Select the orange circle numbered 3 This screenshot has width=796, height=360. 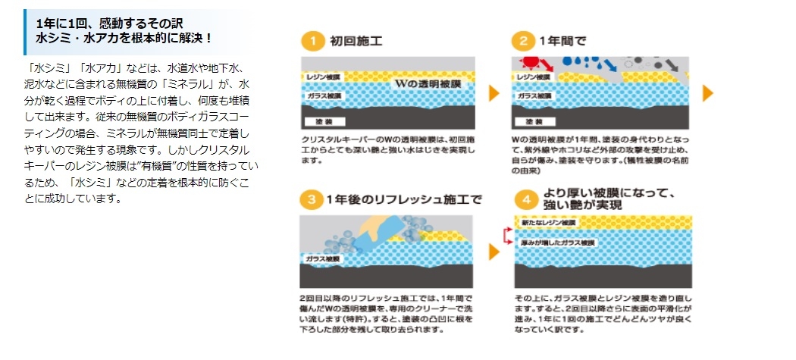pyautogui.click(x=312, y=201)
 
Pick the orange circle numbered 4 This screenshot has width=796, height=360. pyautogui.click(x=522, y=201)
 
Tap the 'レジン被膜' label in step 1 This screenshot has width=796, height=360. pyautogui.click(x=322, y=77)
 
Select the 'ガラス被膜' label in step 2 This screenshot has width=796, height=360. pyautogui.click(x=533, y=97)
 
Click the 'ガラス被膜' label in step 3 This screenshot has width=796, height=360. pyautogui.click(x=322, y=259)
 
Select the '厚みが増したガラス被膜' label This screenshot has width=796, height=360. pyautogui.click(x=556, y=243)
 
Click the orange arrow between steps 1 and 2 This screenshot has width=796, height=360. pyautogui.click(x=494, y=93)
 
